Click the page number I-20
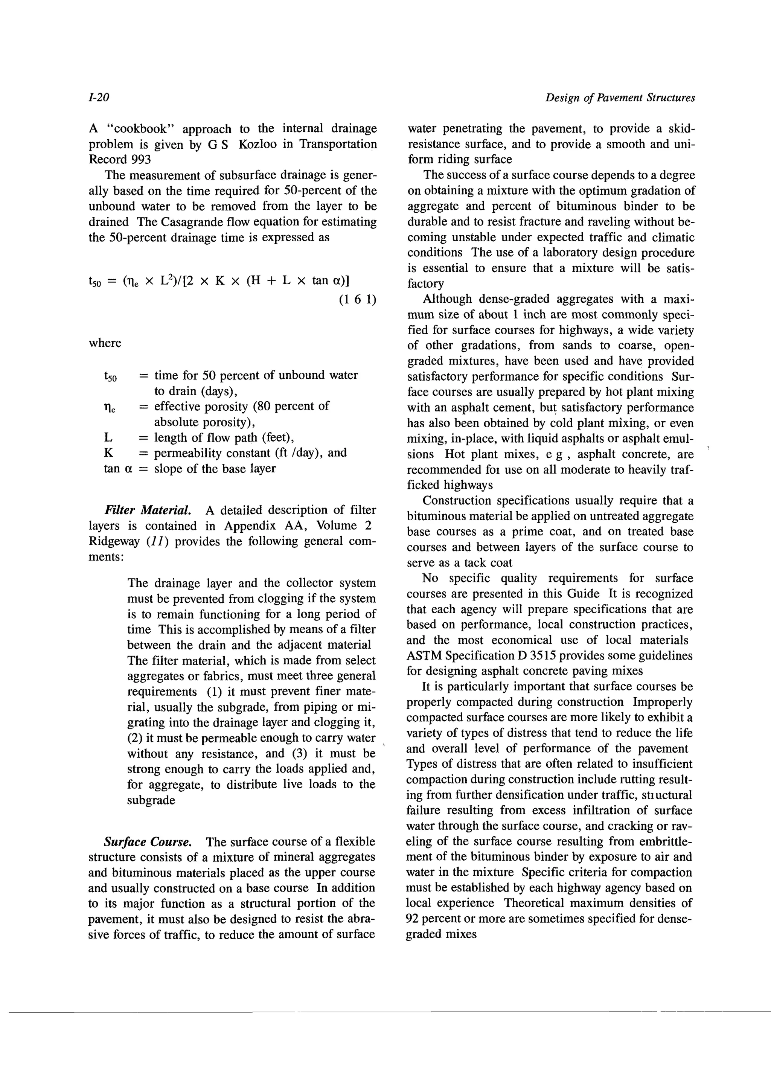pyautogui.click(x=99, y=98)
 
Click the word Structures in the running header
pyautogui.click(x=671, y=98)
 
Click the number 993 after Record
pyautogui.click(x=141, y=160)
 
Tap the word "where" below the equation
pyautogui.click(x=105, y=343)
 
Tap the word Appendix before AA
pyautogui.click(x=250, y=526)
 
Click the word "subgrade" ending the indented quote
pyautogui.click(x=151, y=800)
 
